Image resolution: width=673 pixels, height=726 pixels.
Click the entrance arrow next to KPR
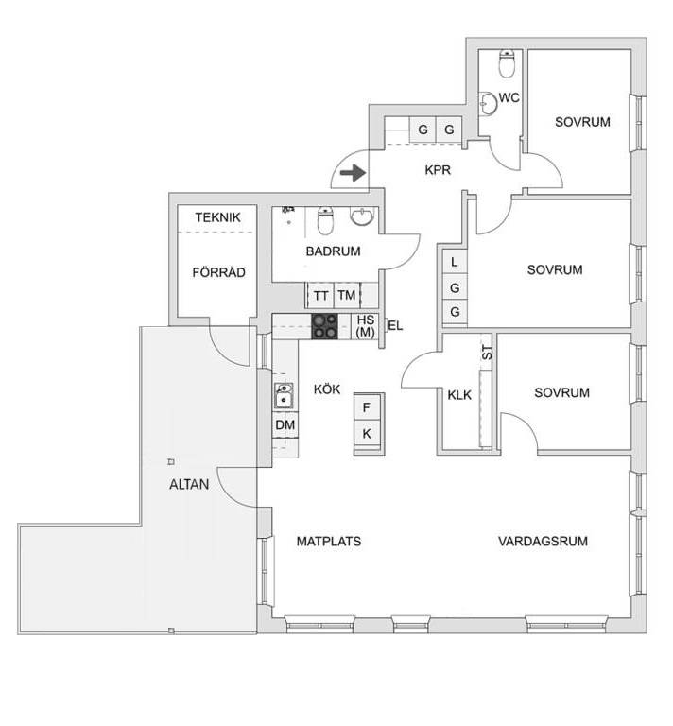click(x=354, y=173)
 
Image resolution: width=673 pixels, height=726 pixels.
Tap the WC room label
click(x=509, y=97)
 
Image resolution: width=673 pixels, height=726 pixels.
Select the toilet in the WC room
click(x=508, y=63)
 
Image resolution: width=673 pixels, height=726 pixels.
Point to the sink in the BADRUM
click(x=361, y=216)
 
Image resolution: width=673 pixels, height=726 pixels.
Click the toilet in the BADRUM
click(x=325, y=220)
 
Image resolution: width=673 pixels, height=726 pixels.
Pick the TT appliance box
click(x=319, y=295)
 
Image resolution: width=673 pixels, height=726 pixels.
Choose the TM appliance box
click(x=347, y=295)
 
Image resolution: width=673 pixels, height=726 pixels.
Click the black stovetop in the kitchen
click(x=324, y=326)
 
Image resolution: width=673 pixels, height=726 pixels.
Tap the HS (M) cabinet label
click(x=366, y=326)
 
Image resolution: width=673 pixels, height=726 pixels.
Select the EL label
click(x=395, y=326)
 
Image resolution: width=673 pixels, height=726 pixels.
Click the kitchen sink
click(x=284, y=396)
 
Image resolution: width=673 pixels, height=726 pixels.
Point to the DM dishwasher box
click(x=285, y=424)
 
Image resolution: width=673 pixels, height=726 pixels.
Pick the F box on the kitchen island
click(x=367, y=407)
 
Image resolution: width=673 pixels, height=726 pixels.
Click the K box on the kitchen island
click(x=367, y=434)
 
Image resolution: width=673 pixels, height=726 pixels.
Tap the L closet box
click(x=455, y=262)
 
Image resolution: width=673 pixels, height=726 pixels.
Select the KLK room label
click(x=459, y=395)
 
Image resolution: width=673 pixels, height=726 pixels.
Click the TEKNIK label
click(x=217, y=217)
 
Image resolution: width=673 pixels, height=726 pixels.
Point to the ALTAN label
click(x=189, y=484)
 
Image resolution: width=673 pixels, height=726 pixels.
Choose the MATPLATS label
click(x=329, y=542)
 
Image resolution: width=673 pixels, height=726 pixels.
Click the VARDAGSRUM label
click(x=543, y=542)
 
